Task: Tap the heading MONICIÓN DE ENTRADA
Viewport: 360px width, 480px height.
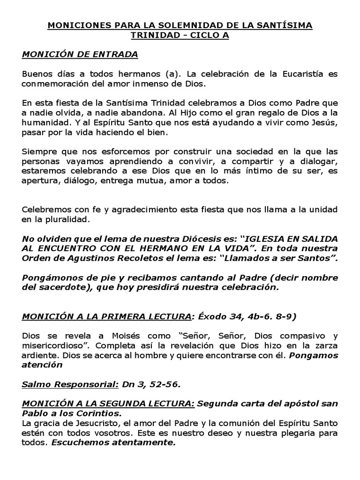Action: (x=80, y=55)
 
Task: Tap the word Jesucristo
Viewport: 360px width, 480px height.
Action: (x=82, y=423)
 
